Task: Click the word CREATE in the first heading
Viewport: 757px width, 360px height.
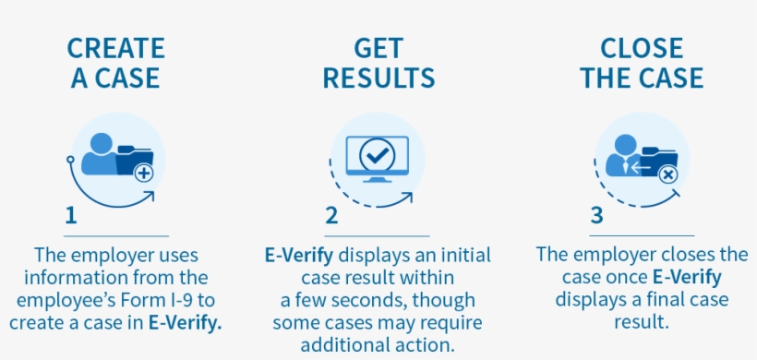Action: point(116,48)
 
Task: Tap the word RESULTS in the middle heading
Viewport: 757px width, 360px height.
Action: point(378,78)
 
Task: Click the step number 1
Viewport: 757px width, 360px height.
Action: point(71,216)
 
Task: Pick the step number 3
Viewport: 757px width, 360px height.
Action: point(596,216)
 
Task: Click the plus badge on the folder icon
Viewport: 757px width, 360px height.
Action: point(143,173)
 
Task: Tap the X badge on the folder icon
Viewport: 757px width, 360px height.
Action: point(668,174)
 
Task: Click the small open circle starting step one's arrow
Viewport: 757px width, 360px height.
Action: point(70,160)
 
